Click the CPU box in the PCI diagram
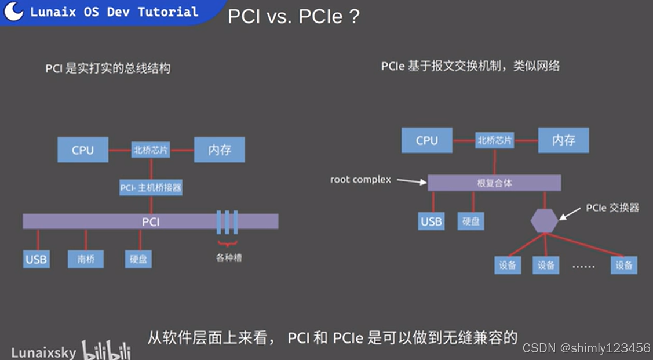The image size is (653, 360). pyautogui.click(x=83, y=150)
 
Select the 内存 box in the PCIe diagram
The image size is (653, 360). pyautogui.click(x=563, y=140)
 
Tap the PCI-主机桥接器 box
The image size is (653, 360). pyautogui.click(x=151, y=188)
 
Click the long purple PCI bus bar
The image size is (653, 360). pyautogui.click(x=150, y=221)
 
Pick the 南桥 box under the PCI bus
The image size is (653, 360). pyautogui.click(x=86, y=259)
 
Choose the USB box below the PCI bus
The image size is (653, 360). pyautogui.click(x=36, y=259)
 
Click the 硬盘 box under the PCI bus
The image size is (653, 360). pyautogui.click(x=138, y=259)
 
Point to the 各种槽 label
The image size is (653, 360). pyautogui.click(x=229, y=258)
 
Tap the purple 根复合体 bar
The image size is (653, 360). pyautogui.click(x=494, y=183)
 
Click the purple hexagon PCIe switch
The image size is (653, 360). pyautogui.click(x=544, y=221)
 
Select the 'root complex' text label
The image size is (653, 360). pyautogui.click(x=360, y=180)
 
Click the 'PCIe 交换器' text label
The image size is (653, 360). pyautogui.click(x=612, y=208)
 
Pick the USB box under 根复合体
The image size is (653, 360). pyautogui.click(x=431, y=221)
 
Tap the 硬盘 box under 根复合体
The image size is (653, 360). pyautogui.click(x=470, y=221)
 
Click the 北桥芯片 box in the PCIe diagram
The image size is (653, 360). pyautogui.click(x=494, y=140)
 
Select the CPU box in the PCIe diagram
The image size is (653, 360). pyautogui.click(x=427, y=140)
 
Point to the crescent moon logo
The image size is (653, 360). pyautogui.click(x=14, y=11)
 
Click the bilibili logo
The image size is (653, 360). pyautogui.click(x=106, y=351)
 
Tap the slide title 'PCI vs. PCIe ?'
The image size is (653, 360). pyautogui.click(x=294, y=16)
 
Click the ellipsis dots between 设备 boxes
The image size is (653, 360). pyautogui.click(x=584, y=266)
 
